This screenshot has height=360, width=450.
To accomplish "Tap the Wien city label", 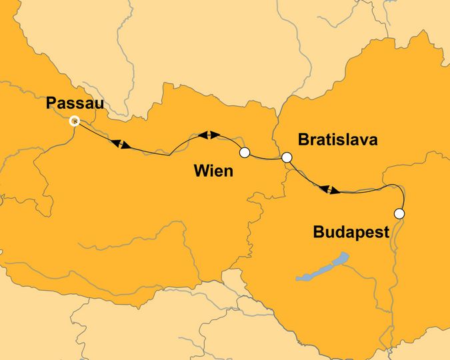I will tap(213, 171).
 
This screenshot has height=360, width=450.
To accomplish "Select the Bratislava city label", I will tap(338, 141).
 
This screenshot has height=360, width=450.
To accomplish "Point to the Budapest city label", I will tap(351, 233).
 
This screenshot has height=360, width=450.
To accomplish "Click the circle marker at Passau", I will tap(75, 121).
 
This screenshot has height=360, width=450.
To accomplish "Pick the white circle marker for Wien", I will tap(244, 153).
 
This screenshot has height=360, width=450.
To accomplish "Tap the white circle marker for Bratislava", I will tap(287, 158).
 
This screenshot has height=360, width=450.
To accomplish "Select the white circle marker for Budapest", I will tap(399, 214).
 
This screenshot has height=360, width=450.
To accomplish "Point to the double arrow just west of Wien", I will tap(209, 135).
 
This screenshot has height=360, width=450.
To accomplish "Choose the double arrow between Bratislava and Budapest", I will tap(329, 190).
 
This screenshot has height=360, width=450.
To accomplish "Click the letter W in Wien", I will tap(201, 171).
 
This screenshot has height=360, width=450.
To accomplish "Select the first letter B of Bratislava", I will tap(304, 141).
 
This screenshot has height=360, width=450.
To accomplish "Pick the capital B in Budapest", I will tap(319, 233).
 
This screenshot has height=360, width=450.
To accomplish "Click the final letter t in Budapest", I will tap(386, 233).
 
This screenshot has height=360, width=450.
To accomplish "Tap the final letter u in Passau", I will tap(99, 105).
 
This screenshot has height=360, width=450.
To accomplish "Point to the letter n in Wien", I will tap(228, 173).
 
